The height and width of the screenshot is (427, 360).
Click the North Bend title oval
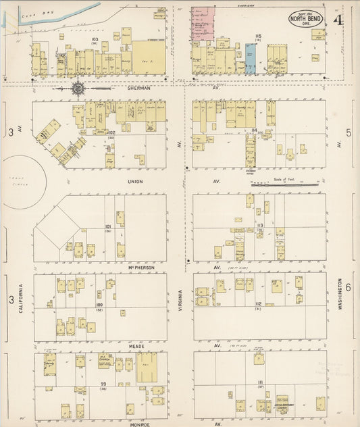(306, 19)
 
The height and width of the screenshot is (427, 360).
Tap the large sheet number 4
(337, 20)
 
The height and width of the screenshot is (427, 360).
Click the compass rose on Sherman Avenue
(78, 87)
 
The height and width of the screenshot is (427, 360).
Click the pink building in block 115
(203, 24)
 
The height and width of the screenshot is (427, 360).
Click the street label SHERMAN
(138, 87)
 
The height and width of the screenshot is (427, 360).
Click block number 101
(108, 226)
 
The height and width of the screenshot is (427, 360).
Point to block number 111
(259, 382)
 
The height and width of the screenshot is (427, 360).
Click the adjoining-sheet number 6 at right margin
(349, 287)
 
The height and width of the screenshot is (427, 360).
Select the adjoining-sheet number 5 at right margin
(349, 132)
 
